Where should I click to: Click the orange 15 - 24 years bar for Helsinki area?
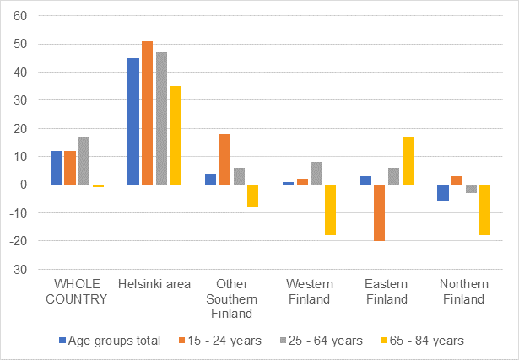point(148,113)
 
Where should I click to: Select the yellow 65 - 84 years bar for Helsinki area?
point(176,135)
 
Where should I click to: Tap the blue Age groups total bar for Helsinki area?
point(133,121)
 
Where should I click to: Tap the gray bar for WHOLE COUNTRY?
point(84,160)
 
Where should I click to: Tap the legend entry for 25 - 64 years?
point(316,341)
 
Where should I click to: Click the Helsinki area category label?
point(154,282)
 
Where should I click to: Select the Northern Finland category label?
point(464,291)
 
